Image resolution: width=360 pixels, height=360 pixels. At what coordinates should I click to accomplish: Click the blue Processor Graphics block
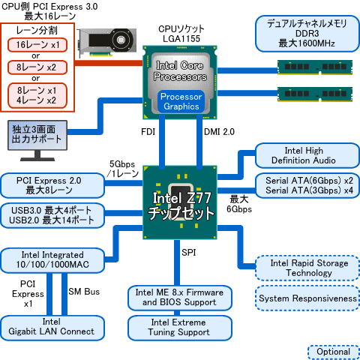179,102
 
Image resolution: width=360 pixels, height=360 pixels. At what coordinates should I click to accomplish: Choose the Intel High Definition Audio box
304,155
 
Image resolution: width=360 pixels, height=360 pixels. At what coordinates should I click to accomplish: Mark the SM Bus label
83,291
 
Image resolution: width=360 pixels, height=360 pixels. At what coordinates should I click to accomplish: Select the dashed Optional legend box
332,352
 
